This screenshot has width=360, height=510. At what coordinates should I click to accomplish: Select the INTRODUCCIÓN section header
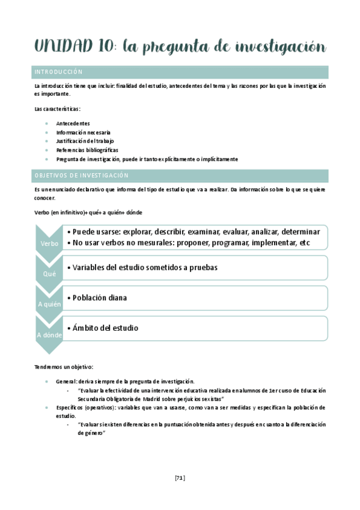[x=59, y=72]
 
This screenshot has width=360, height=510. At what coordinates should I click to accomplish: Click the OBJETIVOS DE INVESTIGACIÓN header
[x=82, y=175]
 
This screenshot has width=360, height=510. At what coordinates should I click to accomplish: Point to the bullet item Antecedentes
[x=73, y=123]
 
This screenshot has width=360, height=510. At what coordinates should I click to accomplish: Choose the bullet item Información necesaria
[x=84, y=132]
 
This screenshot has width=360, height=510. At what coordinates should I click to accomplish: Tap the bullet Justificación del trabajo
[x=85, y=141]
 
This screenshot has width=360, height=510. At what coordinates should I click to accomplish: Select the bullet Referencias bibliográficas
[x=87, y=150]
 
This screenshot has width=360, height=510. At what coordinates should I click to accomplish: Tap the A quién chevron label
[x=49, y=304]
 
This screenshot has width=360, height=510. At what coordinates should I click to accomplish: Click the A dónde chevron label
[x=49, y=334]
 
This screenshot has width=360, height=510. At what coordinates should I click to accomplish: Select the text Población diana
[x=99, y=298]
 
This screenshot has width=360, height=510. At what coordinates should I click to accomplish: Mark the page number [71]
[x=180, y=478]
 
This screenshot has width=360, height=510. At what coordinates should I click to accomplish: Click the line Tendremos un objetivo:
[x=64, y=367]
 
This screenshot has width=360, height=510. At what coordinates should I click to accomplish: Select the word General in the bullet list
[x=66, y=381]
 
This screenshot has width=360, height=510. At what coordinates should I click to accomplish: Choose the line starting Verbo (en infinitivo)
[x=88, y=212]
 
